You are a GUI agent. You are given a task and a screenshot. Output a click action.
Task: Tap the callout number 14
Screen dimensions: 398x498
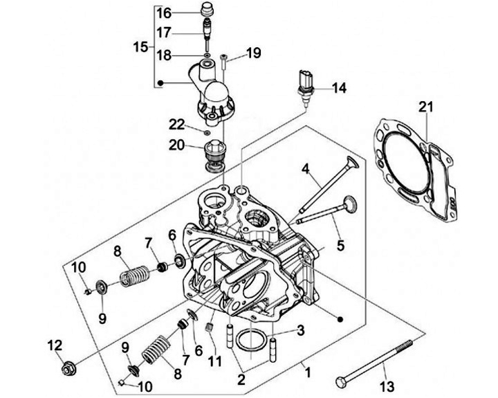338,88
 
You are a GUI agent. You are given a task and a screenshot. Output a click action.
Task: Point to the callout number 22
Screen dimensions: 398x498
177,124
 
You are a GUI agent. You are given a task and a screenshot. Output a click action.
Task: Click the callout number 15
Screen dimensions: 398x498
140,47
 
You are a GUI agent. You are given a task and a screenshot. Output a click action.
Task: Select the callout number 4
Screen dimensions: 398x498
305,168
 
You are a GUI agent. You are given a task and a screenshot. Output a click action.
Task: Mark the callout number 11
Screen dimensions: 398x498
215,360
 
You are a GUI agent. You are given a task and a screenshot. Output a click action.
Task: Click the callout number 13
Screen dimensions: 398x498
388,386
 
